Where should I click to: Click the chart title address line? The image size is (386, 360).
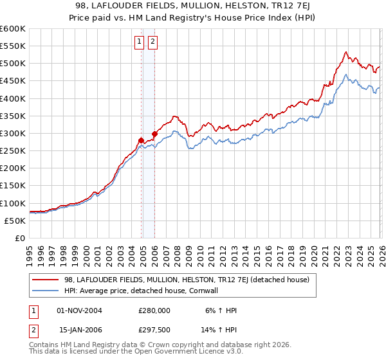click(193, 6)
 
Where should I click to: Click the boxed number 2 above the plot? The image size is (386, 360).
click(153, 42)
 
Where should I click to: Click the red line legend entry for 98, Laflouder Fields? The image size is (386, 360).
click(187, 280)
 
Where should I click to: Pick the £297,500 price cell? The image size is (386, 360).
click(154, 331)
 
